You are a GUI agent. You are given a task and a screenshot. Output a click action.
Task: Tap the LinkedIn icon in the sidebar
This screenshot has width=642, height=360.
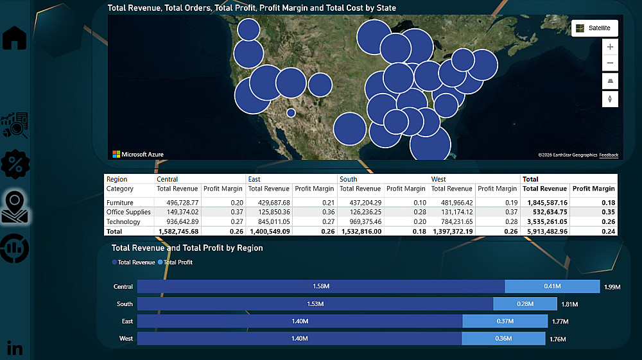pyautogui.click(x=14, y=348)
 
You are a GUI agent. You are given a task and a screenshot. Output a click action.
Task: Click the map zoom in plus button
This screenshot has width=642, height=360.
pyautogui.click(x=610, y=47)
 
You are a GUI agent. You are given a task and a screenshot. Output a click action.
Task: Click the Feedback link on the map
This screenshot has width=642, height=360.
pyautogui.click(x=609, y=155)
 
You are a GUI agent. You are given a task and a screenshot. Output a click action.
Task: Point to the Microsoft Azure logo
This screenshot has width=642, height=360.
pyautogui.click(x=138, y=154)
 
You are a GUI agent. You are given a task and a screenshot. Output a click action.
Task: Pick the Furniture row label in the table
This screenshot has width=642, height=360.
pyautogui.click(x=120, y=203)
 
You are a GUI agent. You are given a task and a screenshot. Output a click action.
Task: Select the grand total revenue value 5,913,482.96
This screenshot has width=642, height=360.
pyautogui.click(x=544, y=231)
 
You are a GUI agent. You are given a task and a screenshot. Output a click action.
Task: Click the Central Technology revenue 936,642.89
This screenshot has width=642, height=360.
pyautogui.click(x=178, y=221)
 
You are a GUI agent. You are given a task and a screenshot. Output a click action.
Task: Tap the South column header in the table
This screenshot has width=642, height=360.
pyautogui.click(x=349, y=179)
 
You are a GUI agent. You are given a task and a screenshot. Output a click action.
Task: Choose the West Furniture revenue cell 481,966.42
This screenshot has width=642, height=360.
pyautogui.click(x=451, y=203)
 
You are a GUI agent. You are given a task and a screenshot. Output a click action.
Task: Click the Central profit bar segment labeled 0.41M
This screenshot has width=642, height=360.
pyautogui.click(x=552, y=287)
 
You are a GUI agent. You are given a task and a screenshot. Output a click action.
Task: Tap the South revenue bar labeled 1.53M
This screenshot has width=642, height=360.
pyautogui.click(x=315, y=304)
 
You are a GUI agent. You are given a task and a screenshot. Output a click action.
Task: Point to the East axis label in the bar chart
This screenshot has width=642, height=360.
pyautogui.click(x=127, y=321)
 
